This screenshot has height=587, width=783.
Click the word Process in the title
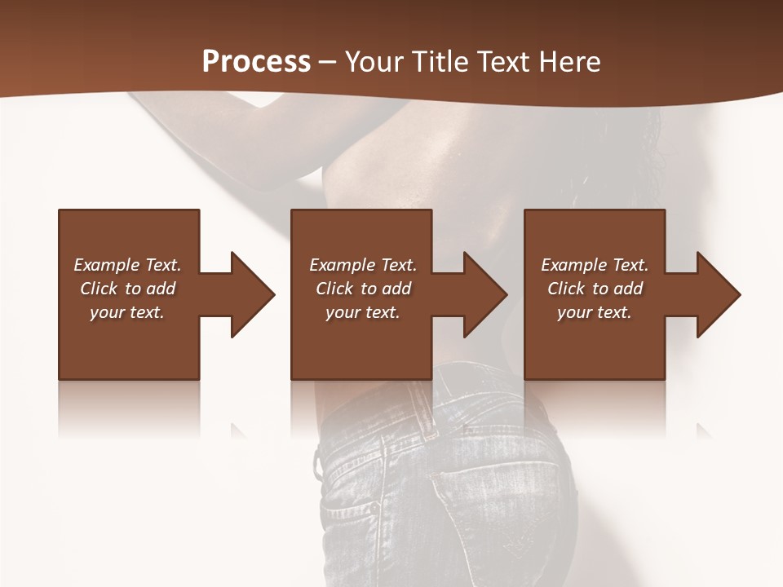(x=256, y=62)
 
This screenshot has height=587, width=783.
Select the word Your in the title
(x=374, y=62)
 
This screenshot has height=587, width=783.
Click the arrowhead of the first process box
(x=252, y=294)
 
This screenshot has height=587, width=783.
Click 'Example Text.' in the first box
(x=127, y=265)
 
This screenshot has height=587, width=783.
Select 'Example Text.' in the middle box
(x=363, y=265)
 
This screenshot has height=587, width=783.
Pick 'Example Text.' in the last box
(x=595, y=265)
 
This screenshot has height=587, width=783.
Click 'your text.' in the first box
(x=127, y=312)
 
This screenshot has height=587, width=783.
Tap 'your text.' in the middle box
(x=363, y=312)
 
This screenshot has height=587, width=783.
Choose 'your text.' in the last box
(x=595, y=312)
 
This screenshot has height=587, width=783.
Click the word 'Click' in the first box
(x=100, y=289)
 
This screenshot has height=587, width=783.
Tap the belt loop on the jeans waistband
(x=421, y=408)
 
